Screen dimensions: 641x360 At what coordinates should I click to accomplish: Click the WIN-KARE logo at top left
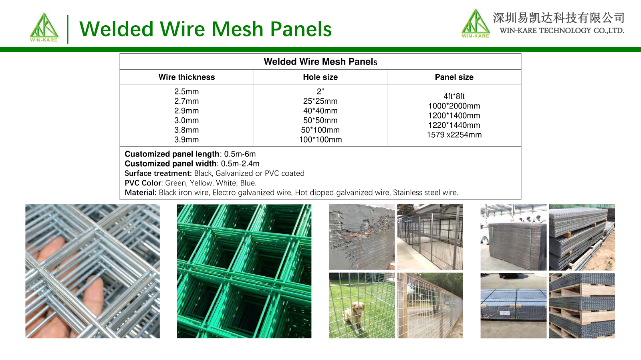pyautogui.click(x=44, y=28)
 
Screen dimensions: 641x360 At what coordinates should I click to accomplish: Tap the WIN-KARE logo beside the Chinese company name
pyautogui.click(x=476, y=24)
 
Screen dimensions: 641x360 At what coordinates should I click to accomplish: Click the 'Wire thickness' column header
pyautogui.click(x=187, y=77)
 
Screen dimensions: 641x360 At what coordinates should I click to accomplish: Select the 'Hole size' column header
pyautogui.click(x=320, y=77)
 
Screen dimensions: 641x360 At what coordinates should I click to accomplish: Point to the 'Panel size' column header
pyautogui.click(x=454, y=77)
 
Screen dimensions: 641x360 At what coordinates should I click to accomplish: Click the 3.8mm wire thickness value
pyautogui.click(x=187, y=130)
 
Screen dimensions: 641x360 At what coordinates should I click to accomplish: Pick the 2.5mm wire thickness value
pyautogui.click(x=187, y=91)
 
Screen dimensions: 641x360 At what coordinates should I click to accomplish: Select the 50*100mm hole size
pyautogui.click(x=320, y=130)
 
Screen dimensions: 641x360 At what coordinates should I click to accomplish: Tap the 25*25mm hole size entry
pyautogui.click(x=320, y=101)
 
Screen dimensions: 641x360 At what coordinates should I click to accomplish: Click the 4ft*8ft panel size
pyautogui.click(x=454, y=97)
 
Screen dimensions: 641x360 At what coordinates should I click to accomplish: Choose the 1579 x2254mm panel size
pyautogui.click(x=454, y=135)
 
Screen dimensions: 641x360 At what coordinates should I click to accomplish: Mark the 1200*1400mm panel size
pyautogui.click(x=454, y=115)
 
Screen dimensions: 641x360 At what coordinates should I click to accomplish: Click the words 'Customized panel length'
pyautogui.click(x=172, y=154)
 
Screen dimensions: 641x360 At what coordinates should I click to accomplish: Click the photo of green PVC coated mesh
pyautogui.click(x=244, y=271)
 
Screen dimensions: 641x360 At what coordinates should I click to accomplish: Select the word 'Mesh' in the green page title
pyautogui.click(x=238, y=29)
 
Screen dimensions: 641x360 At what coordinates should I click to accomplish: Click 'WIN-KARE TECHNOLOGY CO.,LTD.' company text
pyautogui.click(x=562, y=30)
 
